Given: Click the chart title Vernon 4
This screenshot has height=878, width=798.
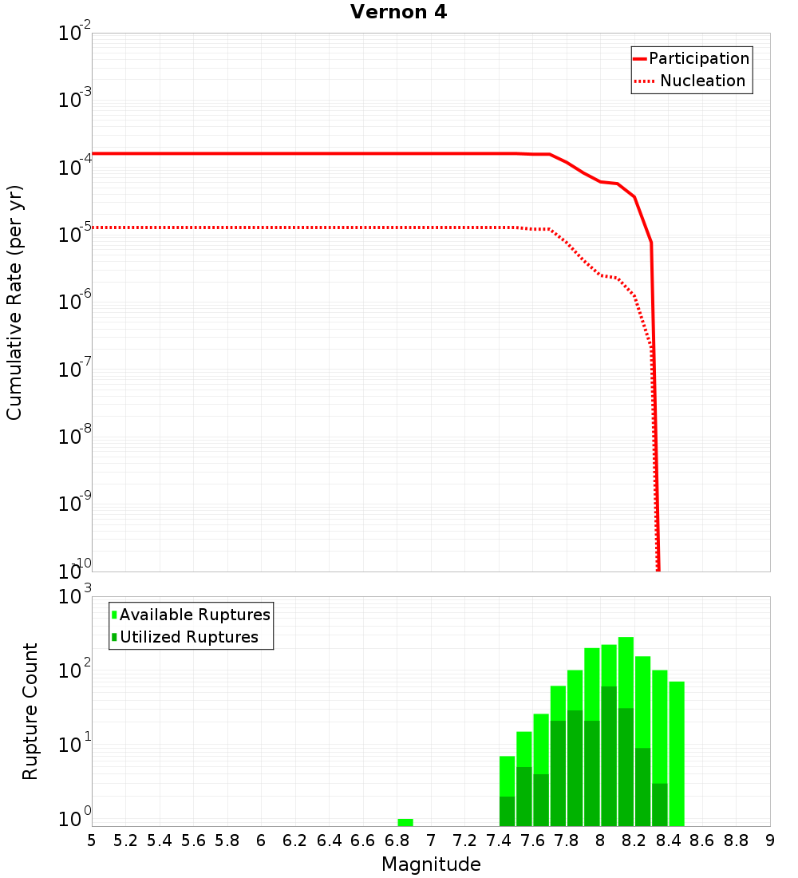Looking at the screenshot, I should click(398, 13).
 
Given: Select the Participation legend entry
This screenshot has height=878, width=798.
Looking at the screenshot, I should click(691, 58).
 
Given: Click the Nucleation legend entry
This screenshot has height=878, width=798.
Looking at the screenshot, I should click(691, 81).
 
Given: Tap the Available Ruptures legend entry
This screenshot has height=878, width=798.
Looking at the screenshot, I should click(191, 615).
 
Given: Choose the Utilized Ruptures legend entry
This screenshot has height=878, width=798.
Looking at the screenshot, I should click(184, 637).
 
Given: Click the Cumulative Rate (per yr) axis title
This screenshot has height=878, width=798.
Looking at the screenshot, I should click(14, 303).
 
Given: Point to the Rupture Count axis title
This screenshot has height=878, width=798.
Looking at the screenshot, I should click(30, 711).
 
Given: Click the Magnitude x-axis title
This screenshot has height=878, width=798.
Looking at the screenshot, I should click(431, 864).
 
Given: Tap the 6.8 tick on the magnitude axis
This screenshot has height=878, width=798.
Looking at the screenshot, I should click(397, 840).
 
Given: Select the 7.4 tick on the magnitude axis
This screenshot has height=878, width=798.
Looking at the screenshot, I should click(499, 840).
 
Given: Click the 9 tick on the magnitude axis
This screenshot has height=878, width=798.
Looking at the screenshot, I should click(770, 840).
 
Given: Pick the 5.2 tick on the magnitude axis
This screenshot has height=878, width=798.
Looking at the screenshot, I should click(125, 840).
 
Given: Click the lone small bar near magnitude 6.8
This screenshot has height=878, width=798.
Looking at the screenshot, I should click(405, 822).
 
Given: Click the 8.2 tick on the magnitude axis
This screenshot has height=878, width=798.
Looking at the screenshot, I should click(634, 840).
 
